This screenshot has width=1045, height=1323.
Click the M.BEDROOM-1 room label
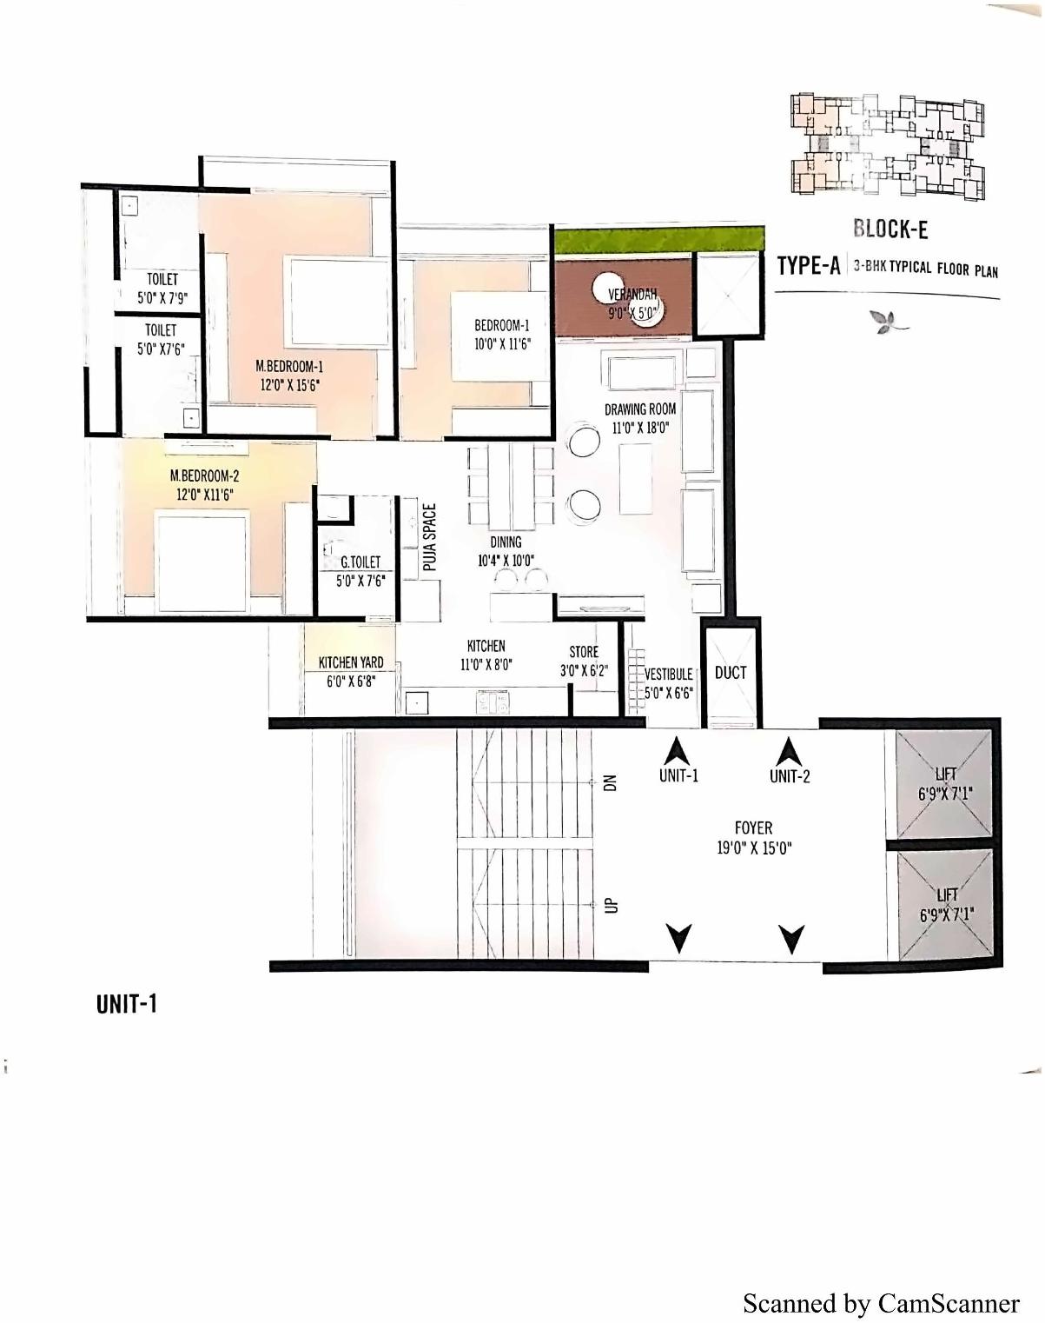coord(289,367)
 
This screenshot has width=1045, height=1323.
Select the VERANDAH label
coord(632,295)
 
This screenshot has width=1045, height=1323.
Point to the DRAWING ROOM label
coord(640,409)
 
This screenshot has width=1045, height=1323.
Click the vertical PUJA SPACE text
coord(429,537)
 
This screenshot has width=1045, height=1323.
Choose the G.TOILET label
coord(360,562)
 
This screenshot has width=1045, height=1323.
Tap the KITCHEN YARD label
coord(351,662)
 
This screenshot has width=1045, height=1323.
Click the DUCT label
coord(731,672)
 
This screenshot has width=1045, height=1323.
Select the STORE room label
coord(584,652)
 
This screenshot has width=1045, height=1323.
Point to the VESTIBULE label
coord(668,674)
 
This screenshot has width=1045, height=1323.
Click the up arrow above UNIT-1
coord(678,749)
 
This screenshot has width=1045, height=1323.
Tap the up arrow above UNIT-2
coord(789,749)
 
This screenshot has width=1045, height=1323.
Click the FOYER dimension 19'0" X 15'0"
coord(754,848)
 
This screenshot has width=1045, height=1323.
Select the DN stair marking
coord(610,782)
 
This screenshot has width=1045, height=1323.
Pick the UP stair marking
coord(610,906)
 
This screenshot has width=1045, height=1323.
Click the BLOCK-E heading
coord(890,229)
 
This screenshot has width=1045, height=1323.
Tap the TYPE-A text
coord(808,265)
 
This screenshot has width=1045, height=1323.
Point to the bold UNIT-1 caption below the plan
coord(127,1004)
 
